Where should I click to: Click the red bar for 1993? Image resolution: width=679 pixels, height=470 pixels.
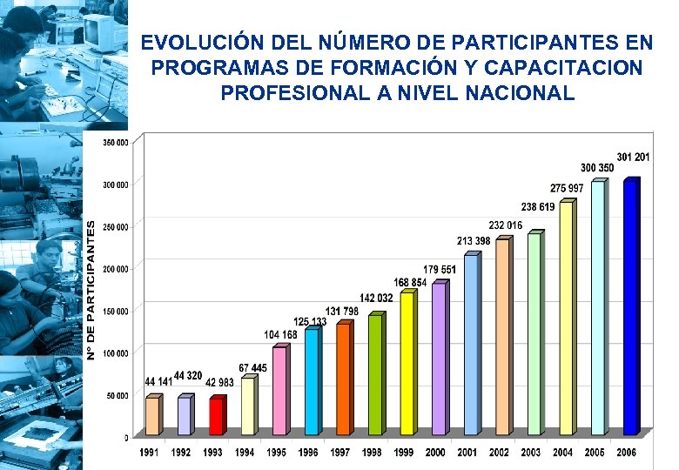coord(216,416)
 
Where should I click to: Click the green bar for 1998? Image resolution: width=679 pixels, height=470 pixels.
coord(374,374)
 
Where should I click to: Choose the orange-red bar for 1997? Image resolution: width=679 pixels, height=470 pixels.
coord(343,379)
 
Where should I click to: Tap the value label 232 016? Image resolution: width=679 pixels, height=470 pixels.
coord(505,225)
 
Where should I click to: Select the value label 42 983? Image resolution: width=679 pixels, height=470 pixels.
coord(220,382)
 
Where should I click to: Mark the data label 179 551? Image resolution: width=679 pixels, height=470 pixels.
coord(440,269)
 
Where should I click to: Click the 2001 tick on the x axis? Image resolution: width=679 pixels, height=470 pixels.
coord(467,453)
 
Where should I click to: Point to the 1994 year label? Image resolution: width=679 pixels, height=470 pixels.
coord(245,453)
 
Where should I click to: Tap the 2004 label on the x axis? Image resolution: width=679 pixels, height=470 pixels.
coord(562,453)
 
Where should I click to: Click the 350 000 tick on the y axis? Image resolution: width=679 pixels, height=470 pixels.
coord(116,142)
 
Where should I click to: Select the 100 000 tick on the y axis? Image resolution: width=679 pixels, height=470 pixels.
coord(116,352)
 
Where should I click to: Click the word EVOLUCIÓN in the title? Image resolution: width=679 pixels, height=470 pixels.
coord(193,43)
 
